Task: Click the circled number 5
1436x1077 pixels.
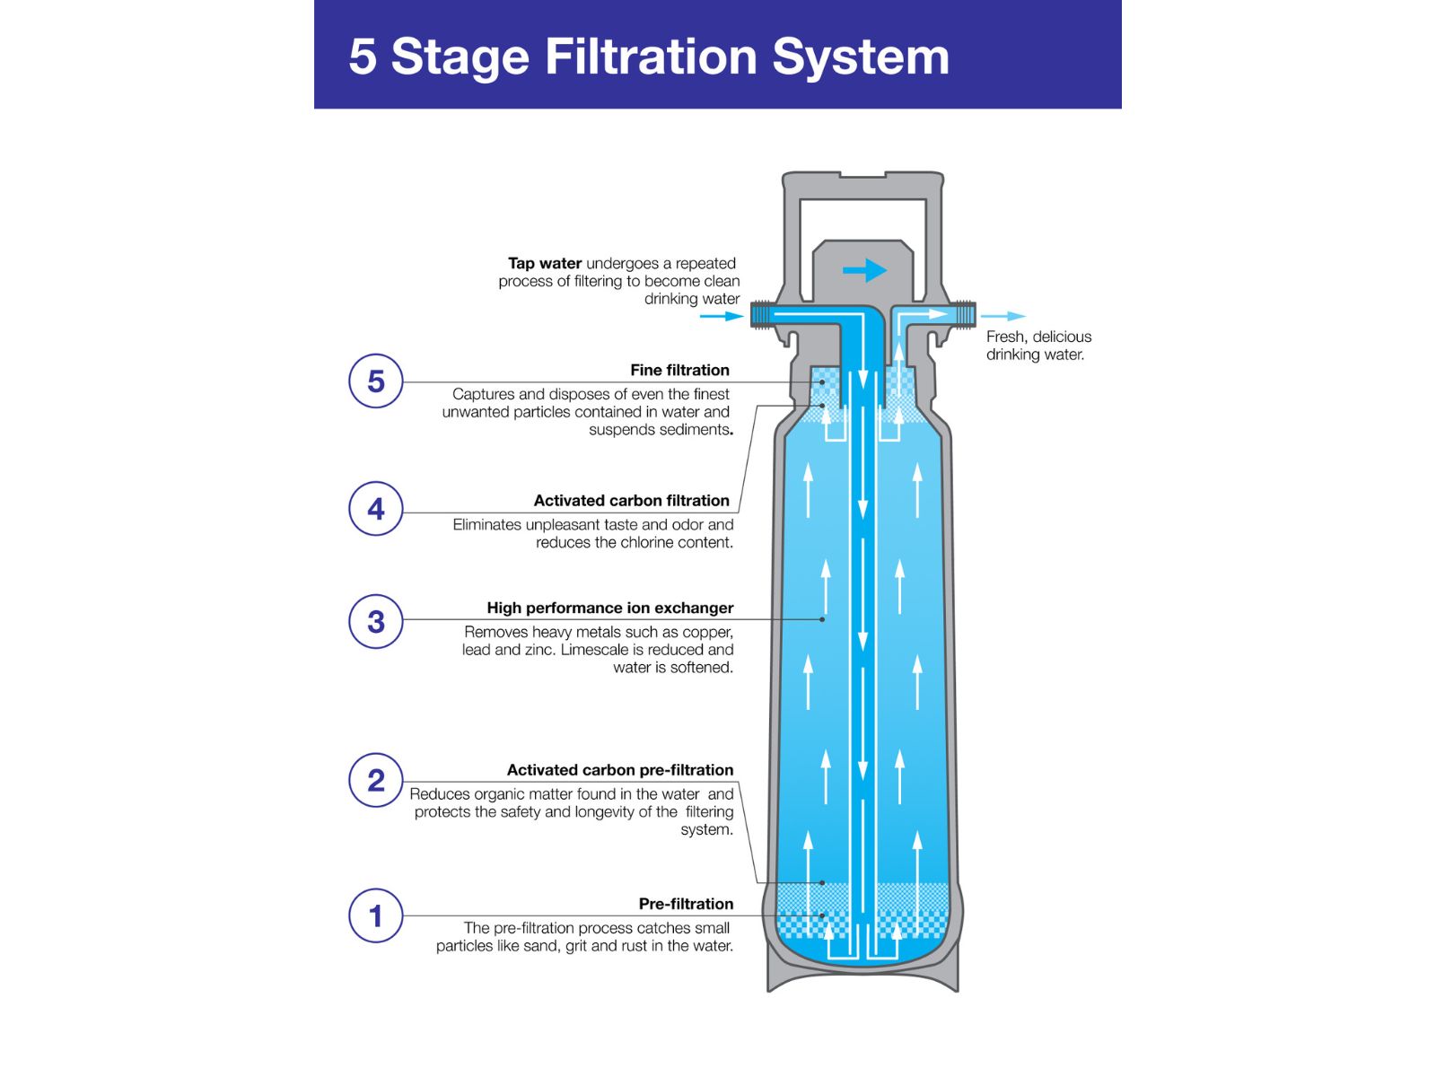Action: pyautogui.click(x=375, y=381)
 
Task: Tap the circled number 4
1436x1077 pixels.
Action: pyautogui.click(x=375, y=509)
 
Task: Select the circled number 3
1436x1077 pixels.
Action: pyautogui.click(x=375, y=621)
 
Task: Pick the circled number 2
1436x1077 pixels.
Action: pyautogui.click(x=375, y=780)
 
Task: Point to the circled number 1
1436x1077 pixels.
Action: pyautogui.click(x=375, y=915)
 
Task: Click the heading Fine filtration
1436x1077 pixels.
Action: pyautogui.click(x=679, y=370)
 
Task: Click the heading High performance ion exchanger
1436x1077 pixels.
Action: pyautogui.click(x=609, y=608)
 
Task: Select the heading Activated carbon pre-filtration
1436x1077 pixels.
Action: pyautogui.click(x=619, y=770)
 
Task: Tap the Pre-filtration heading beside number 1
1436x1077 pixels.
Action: pyautogui.click(x=686, y=904)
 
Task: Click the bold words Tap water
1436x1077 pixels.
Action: pyautogui.click(x=544, y=263)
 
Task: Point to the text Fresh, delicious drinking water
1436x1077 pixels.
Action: pyautogui.click(x=1038, y=346)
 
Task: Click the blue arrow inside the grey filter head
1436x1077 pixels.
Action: pyautogui.click(x=864, y=270)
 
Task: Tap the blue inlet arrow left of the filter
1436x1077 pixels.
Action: pyautogui.click(x=721, y=316)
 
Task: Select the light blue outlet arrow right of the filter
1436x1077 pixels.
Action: pyautogui.click(x=1003, y=316)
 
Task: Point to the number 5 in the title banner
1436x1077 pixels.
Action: pyautogui.click(x=362, y=57)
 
